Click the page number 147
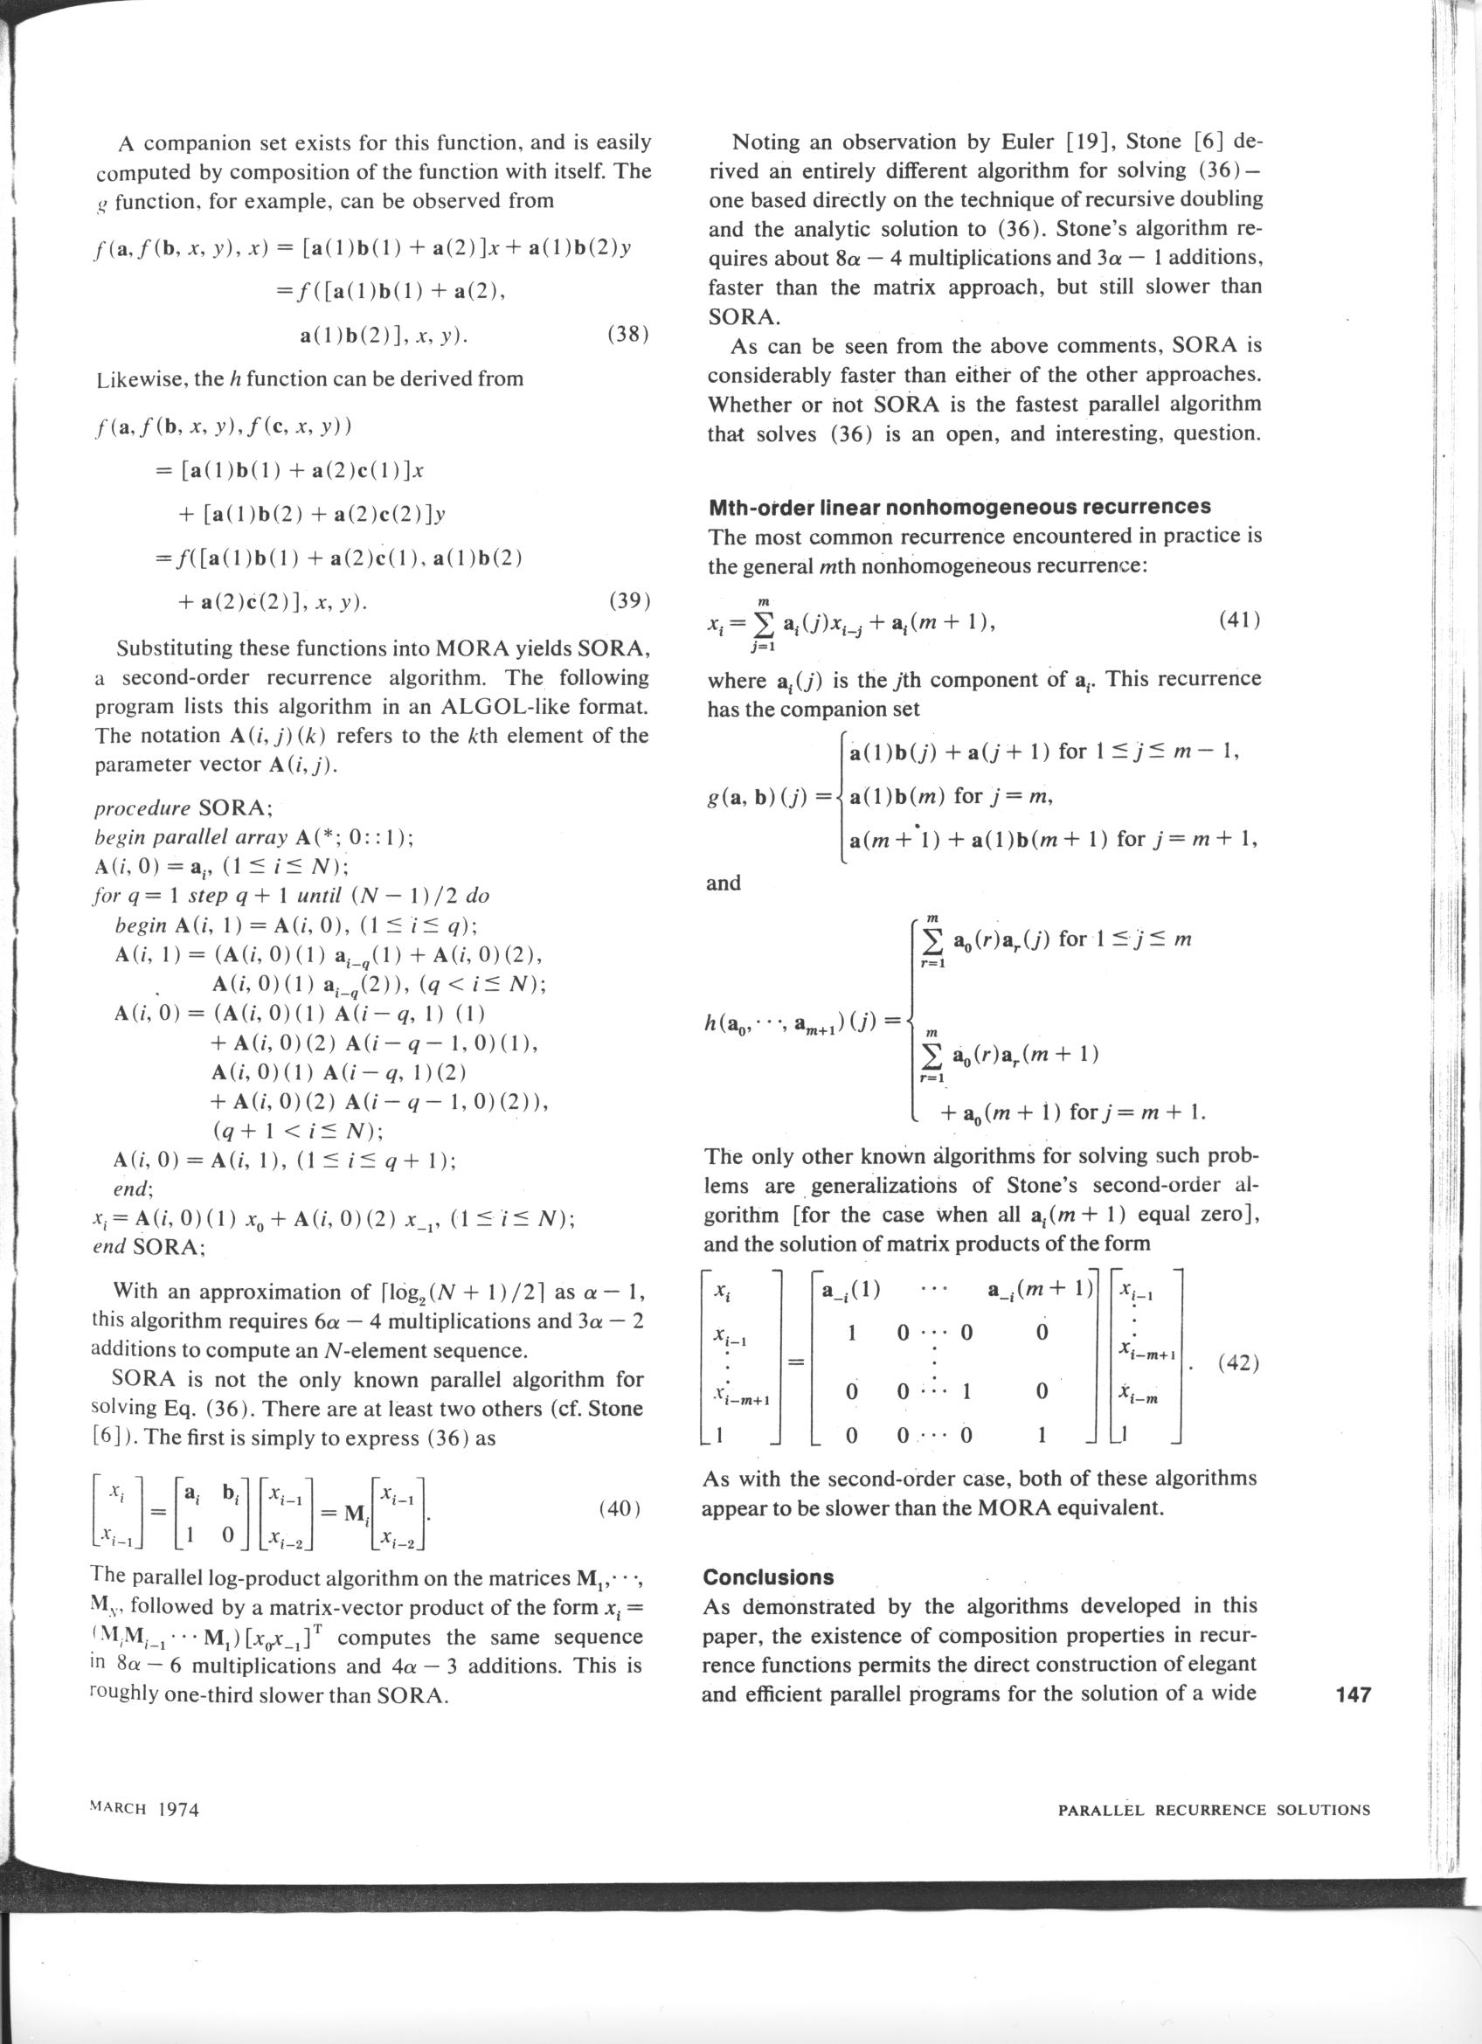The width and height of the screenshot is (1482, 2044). (1353, 1694)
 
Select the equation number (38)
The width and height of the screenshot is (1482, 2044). (629, 335)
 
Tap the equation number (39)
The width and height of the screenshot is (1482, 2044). (629, 599)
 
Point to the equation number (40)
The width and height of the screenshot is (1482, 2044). (618, 1508)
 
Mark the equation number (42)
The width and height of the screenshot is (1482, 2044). (1238, 1362)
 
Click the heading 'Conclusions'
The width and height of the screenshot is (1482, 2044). (767, 1576)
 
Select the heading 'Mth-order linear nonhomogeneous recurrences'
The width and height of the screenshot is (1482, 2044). (959, 507)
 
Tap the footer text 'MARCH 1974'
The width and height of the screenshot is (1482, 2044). (145, 1809)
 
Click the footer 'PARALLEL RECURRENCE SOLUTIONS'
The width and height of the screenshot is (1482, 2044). (1214, 1810)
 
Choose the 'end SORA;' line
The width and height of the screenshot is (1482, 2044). (149, 1247)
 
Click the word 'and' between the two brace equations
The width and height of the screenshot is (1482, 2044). (724, 883)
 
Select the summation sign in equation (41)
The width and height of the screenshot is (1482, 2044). (765, 623)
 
